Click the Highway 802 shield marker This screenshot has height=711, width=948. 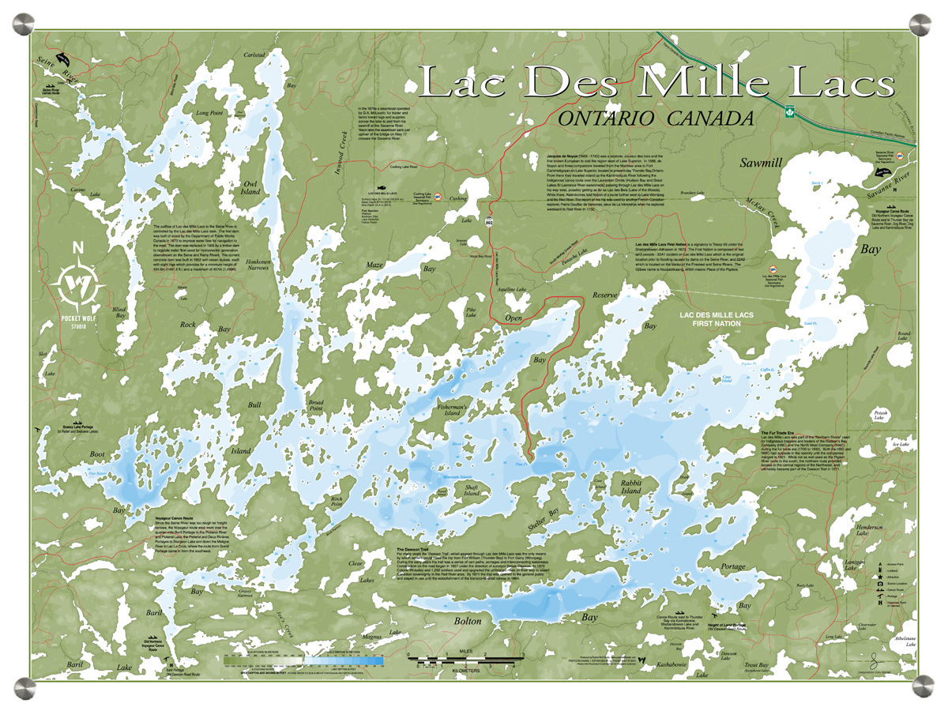[490, 223]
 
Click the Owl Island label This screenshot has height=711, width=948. [250, 186]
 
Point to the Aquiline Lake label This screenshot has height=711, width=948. [510, 289]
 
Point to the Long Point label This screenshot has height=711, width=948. [210, 113]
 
